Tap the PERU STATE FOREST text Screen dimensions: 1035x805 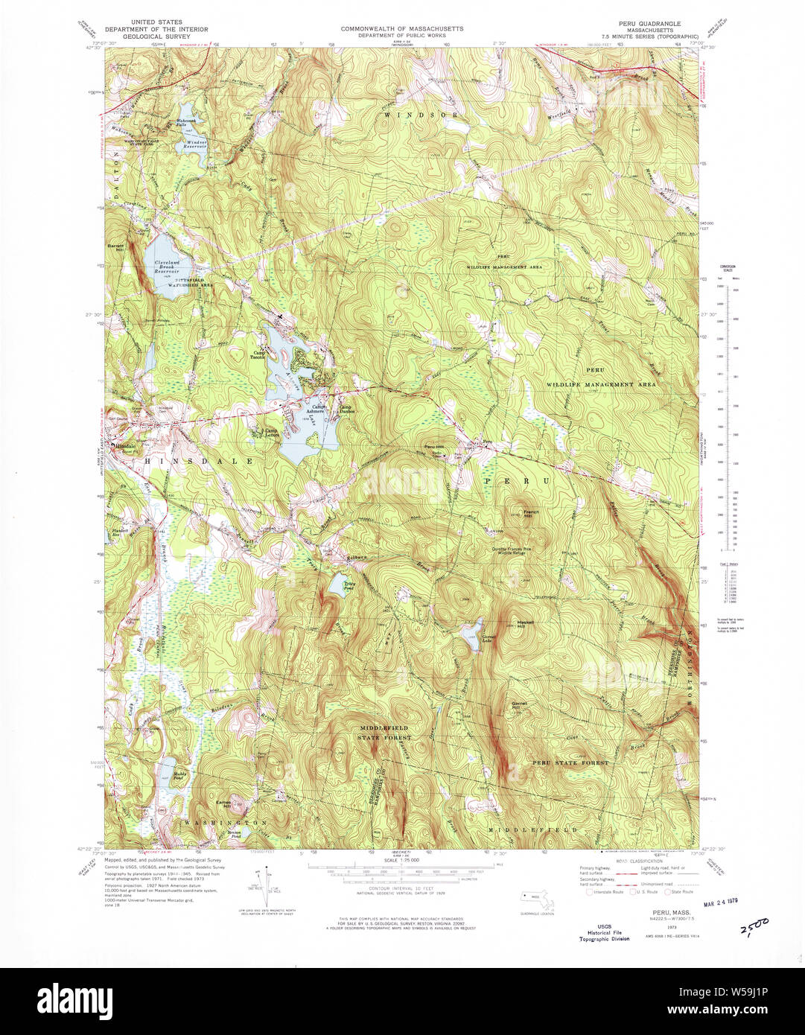pyautogui.click(x=570, y=762)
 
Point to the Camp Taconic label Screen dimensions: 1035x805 pyautogui.click(x=260, y=354)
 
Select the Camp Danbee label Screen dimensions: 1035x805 pyautogui.click(x=346, y=408)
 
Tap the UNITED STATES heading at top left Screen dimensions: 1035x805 pyautogui.click(x=155, y=23)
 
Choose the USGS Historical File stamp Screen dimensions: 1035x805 pyautogui.click(x=604, y=933)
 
